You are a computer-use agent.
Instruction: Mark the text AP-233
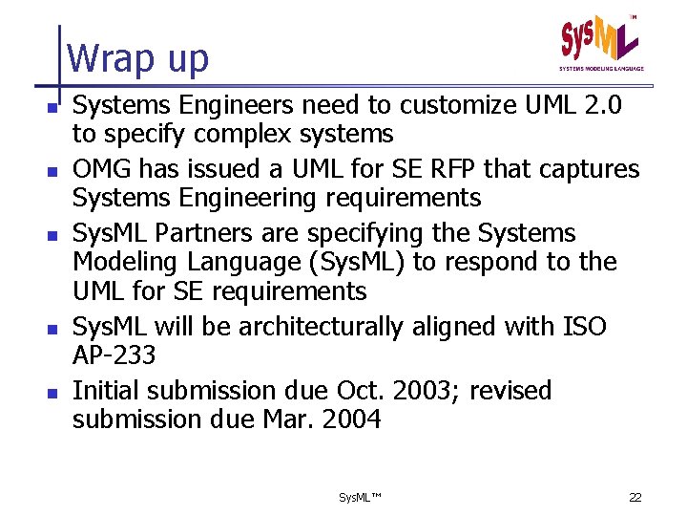(x=113, y=355)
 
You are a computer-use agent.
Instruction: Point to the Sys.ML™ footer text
(x=360, y=498)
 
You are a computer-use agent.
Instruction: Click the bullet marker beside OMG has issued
(x=57, y=170)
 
